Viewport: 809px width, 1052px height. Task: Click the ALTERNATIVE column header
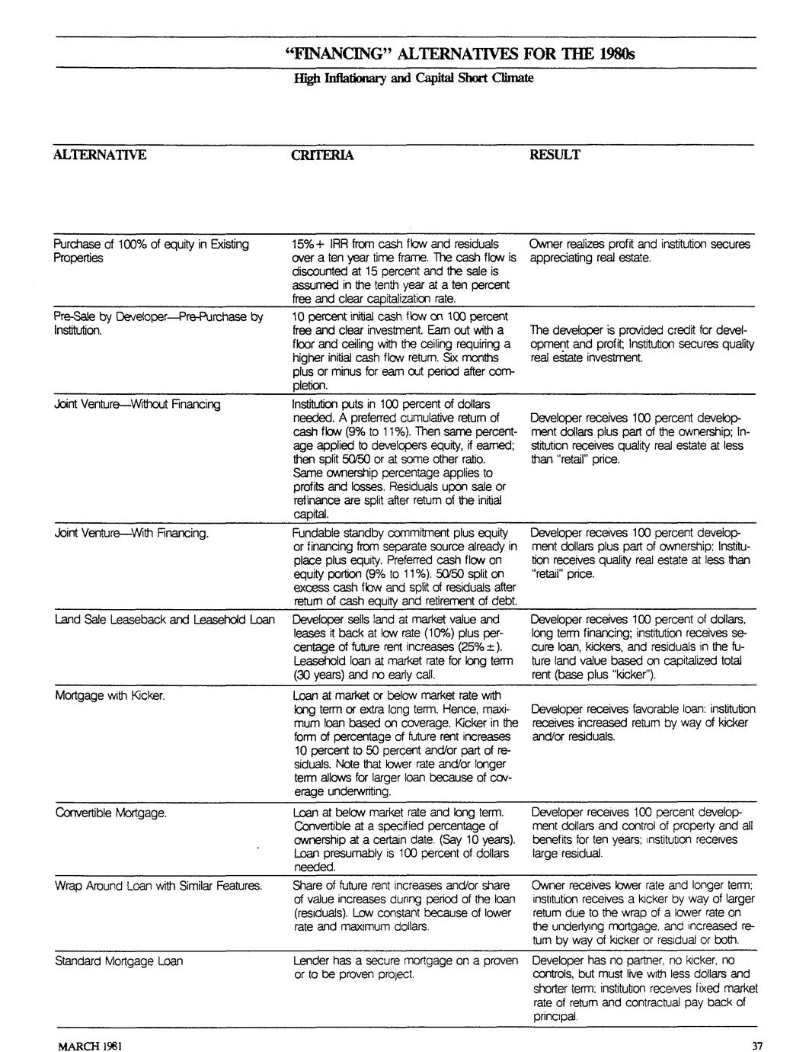(99, 156)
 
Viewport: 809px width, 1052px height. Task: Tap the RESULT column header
(555, 156)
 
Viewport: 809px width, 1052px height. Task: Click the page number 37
(756, 1044)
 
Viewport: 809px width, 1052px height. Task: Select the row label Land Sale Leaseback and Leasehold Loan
(165, 620)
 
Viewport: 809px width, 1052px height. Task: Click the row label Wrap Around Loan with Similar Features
(158, 886)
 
